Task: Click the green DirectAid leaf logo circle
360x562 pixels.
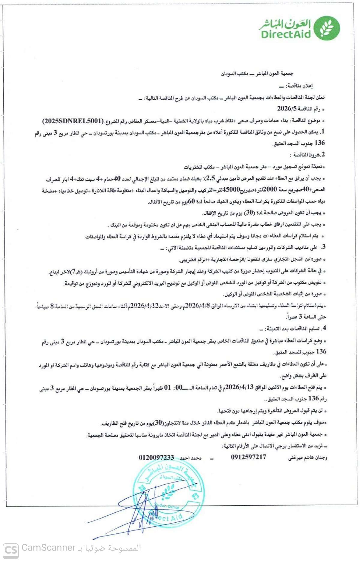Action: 327,28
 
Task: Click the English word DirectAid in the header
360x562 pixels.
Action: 286,34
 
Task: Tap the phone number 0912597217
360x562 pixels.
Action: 248,457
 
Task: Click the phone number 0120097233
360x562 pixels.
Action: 156,457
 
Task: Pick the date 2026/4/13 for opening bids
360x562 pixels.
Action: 239,387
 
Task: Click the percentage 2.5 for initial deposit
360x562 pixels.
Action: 211,178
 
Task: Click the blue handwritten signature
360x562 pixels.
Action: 141,510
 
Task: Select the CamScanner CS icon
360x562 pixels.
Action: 11,550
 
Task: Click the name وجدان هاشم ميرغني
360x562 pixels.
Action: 307,458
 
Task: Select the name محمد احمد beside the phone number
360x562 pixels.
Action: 190,458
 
